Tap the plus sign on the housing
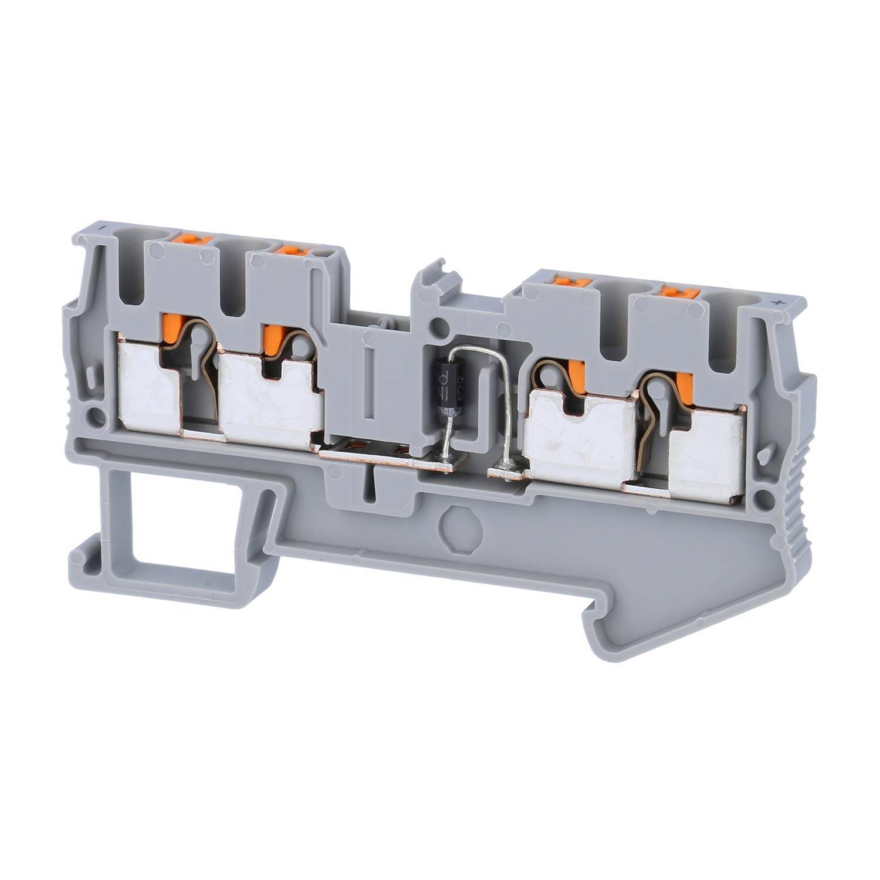[x=779, y=303]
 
